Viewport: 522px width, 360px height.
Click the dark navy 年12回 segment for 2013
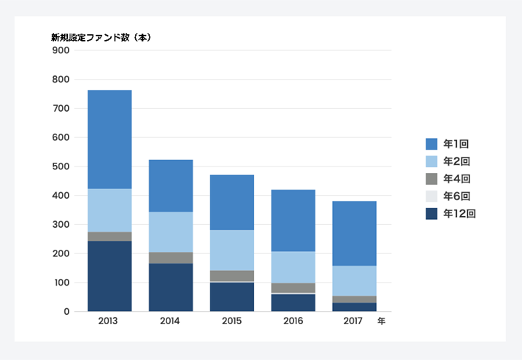pyautogui.click(x=110, y=276)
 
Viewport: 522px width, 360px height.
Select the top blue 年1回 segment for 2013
pyautogui.click(x=110, y=139)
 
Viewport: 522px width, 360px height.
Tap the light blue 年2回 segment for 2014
pyautogui.click(x=171, y=231)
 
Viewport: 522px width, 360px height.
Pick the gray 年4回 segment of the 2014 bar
pyautogui.click(x=171, y=258)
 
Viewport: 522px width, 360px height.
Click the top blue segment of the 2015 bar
pyautogui.click(x=232, y=202)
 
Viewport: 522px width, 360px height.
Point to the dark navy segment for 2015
pyautogui.click(x=232, y=296)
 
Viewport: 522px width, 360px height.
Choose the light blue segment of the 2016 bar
pyautogui.click(x=293, y=267)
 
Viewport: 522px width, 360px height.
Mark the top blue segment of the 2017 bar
pyautogui.click(x=354, y=233)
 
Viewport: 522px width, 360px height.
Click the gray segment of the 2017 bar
pyautogui.click(x=354, y=299)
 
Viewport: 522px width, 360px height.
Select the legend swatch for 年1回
pyautogui.click(x=431, y=144)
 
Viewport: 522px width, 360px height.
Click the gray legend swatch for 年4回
pyautogui.click(x=431, y=179)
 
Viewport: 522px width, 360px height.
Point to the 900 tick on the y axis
pyautogui.click(x=61, y=50)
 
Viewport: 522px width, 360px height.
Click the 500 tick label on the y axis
pyautogui.click(x=61, y=166)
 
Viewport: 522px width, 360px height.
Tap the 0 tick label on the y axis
pyautogui.click(x=66, y=312)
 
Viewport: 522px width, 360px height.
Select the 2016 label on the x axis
pyautogui.click(x=293, y=321)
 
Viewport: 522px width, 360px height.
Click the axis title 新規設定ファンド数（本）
pyautogui.click(x=101, y=37)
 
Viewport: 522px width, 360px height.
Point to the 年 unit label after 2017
pyautogui.click(x=381, y=321)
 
